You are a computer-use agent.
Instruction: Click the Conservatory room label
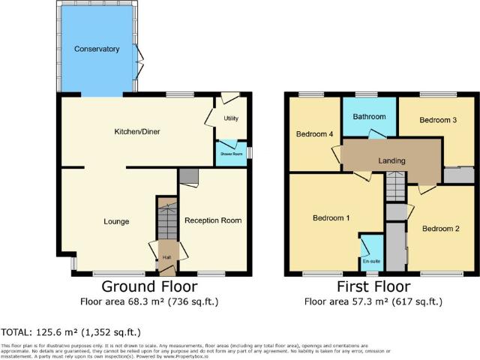click(x=97, y=49)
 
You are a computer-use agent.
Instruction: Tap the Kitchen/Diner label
click(x=137, y=132)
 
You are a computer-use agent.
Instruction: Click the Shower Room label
click(x=231, y=154)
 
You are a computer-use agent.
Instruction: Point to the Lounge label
click(x=116, y=221)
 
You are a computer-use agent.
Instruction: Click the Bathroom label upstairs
click(x=370, y=117)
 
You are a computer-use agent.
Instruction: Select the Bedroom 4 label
click(x=314, y=135)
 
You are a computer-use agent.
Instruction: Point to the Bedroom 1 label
click(x=331, y=217)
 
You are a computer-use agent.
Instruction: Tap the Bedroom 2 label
click(x=440, y=228)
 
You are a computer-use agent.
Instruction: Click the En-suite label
click(x=370, y=262)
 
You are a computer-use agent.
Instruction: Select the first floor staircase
click(x=394, y=187)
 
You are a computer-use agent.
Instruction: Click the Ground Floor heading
click(x=149, y=287)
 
